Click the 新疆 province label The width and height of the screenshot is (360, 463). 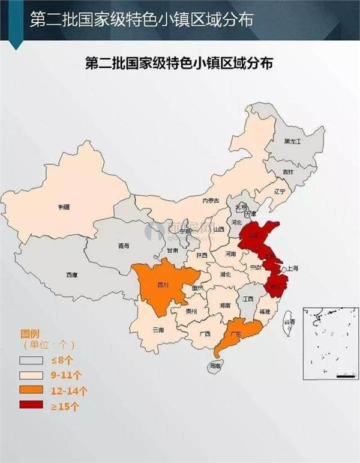(x=64, y=207)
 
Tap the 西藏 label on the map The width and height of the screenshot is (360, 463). (x=71, y=275)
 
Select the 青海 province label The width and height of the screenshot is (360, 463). (x=123, y=246)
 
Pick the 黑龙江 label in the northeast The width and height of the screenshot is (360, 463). (x=292, y=141)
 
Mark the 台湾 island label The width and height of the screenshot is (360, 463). (x=290, y=322)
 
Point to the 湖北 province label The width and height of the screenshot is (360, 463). (x=226, y=274)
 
